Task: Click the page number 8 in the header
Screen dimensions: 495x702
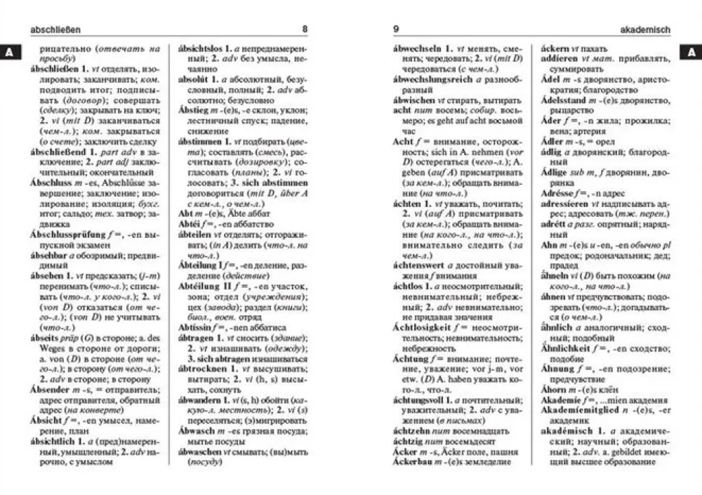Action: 304,29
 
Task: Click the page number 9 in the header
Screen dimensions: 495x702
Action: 397,29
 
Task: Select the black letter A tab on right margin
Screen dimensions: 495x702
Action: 691,52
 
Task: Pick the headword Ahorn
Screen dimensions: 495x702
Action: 555,389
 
